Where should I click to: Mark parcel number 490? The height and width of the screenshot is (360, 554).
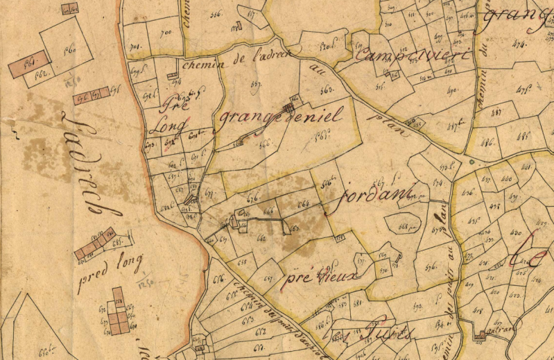[453, 91]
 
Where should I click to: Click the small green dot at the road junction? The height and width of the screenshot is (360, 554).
[471, 162]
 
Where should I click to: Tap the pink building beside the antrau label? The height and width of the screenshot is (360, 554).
[481, 336]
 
